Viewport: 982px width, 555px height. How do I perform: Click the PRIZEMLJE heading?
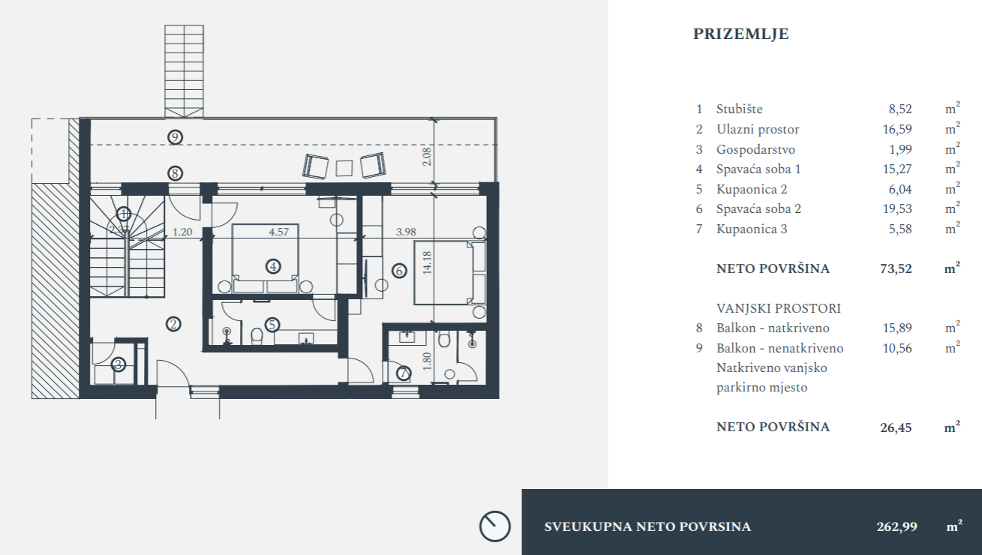(740, 34)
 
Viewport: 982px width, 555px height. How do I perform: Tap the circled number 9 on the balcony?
(175, 137)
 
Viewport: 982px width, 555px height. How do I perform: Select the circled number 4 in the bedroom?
(273, 266)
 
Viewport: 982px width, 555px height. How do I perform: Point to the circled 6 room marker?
(399, 271)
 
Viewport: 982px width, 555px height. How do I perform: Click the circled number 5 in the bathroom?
(272, 325)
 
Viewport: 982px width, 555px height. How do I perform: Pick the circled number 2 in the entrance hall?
(173, 324)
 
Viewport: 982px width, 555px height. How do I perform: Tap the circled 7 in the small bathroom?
(404, 373)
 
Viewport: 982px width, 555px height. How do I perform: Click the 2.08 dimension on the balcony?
(427, 157)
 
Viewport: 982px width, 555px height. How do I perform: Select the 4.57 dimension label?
(279, 232)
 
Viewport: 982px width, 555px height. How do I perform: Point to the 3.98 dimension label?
(406, 232)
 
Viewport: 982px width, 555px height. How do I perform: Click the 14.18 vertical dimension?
(427, 263)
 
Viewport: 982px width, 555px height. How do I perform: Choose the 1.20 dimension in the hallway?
(182, 232)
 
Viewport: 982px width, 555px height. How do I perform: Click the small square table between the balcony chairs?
(344, 168)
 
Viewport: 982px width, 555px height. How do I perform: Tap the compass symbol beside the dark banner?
(495, 526)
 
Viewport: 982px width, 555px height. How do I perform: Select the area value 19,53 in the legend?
(897, 208)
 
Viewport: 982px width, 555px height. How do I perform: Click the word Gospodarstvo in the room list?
(755, 149)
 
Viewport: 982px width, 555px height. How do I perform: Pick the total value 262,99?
(897, 526)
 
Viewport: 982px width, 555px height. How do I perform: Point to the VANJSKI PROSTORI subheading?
(779, 309)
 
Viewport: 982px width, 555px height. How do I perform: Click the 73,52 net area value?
(896, 268)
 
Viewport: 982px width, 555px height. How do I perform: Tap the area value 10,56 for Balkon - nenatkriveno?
(897, 349)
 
